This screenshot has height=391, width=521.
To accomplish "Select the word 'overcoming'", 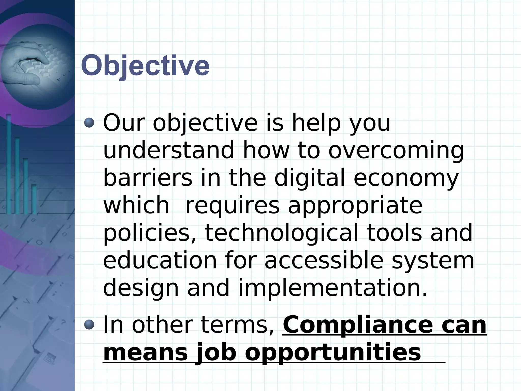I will (x=396, y=151).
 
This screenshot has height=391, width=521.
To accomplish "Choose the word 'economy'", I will (x=406, y=178).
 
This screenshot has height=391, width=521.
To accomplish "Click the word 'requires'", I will (x=232, y=206).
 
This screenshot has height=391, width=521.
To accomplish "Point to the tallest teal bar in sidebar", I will (x=9, y=163).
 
